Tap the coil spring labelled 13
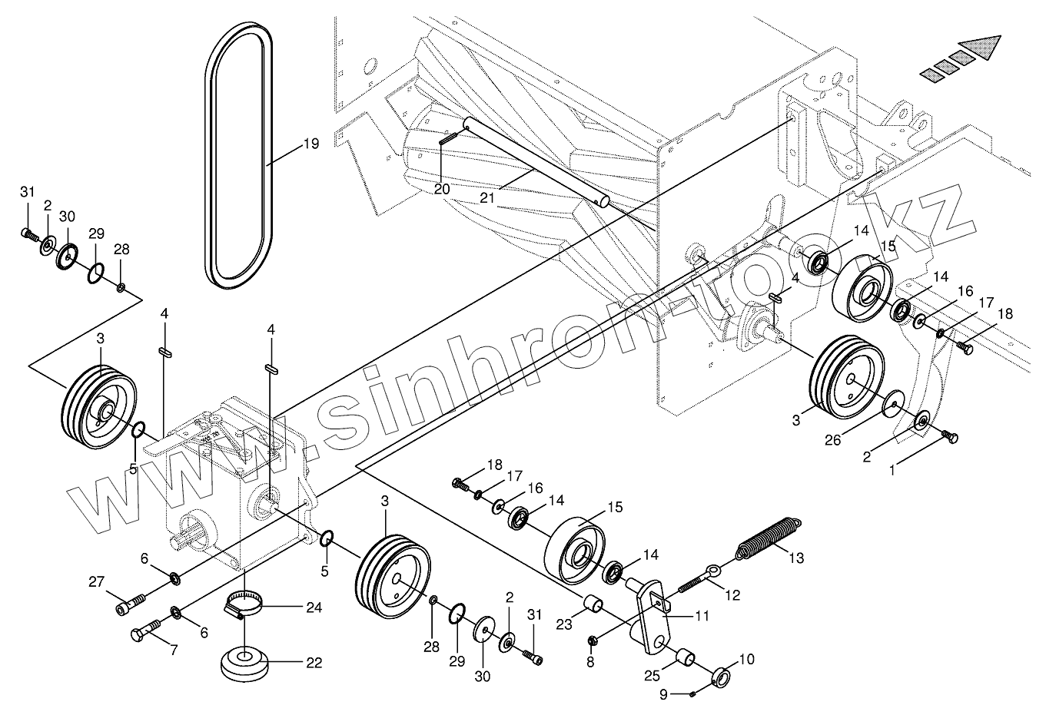[x=769, y=538]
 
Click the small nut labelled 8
[x=593, y=640]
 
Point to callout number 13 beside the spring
[x=795, y=558]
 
